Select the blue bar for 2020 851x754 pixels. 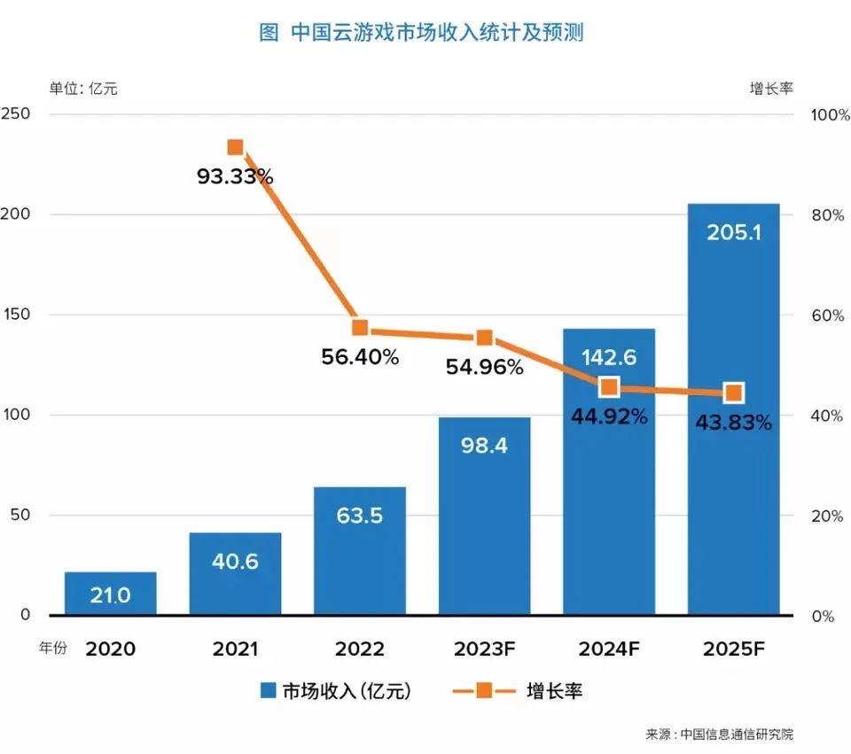coord(111,594)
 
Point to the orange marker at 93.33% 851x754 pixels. coord(235,147)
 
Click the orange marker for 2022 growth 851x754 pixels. coord(360,328)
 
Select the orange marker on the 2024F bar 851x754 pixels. coord(609,387)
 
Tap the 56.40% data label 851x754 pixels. coord(360,358)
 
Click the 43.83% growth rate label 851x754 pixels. coord(733,423)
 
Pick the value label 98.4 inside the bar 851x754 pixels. coord(485,446)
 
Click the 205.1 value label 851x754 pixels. coord(733,232)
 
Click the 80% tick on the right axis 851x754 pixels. coord(828,215)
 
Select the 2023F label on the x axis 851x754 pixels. coord(485,649)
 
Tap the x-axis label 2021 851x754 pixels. coord(235,649)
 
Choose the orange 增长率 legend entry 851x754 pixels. coord(518,691)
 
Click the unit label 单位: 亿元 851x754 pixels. coord(83,88)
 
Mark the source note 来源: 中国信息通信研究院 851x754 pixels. coord(719,735)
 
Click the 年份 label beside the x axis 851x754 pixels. coord(52,649)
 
